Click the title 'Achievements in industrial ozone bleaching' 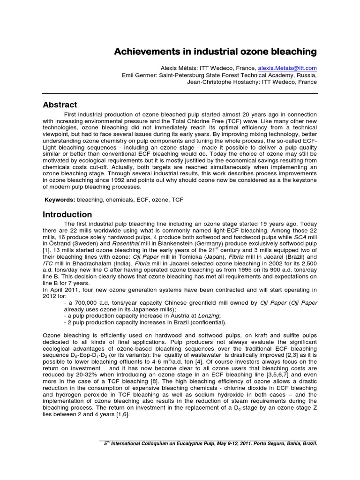[x=216, y=51]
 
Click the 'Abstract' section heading [x=60, y=105]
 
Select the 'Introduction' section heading [x=67, y=215]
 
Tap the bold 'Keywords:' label [x=60, y=200]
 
